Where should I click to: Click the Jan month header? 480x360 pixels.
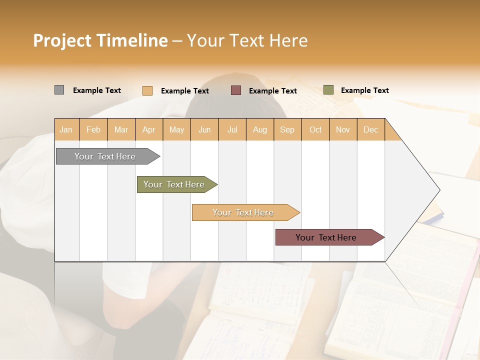coord(66,129)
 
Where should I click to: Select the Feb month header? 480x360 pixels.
coord(93,129)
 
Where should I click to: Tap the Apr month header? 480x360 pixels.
coord(148,129)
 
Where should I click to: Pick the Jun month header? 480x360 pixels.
coord(204,129)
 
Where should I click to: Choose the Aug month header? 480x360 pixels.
coord(259,129)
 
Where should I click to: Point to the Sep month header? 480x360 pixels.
coord(287,129)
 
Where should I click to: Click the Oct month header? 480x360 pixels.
coord(315,129)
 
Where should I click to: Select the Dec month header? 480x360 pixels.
coord(370,129)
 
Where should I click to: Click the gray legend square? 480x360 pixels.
coord(59,90)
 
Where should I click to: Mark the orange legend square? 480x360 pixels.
coord(147,90)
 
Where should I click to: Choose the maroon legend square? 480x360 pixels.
coord(236,90)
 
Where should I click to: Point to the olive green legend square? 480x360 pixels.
coord(328,90)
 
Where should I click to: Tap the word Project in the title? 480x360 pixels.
coord(62,40)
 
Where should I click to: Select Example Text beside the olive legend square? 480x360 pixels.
coord(364,90)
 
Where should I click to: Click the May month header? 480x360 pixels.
coord(176,129)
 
